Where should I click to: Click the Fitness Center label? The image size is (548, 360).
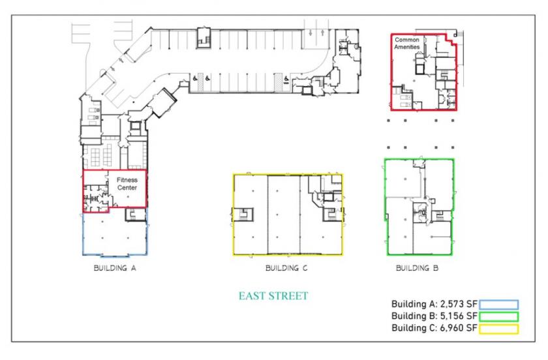[x=127, y=184]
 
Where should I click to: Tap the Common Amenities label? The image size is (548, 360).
[x=407, y=43]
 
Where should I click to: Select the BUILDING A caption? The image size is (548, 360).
[x=115, y=268]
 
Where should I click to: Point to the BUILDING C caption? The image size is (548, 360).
[x=286, y=268]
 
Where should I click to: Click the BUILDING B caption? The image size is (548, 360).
[x=417, y=268]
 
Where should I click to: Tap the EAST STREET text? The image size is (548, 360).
[x=273, y=296]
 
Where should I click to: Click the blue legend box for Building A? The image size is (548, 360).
[x=498, y=305]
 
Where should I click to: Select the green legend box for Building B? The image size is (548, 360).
[x=498, y=317]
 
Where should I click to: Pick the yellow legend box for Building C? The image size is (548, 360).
[x=498, y=329]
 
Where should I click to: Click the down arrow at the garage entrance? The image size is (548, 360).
[x=311, y=33]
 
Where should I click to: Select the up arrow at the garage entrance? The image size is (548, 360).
[x=322, y=33]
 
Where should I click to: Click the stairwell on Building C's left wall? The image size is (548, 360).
[x=242, y=215]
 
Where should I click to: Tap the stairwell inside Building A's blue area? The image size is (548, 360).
[x=135, y=215]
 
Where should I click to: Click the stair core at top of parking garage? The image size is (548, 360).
[x=204, y=37]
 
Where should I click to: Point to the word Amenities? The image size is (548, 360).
[x=407, y=47]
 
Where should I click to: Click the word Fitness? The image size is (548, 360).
[x=127, y=180]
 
